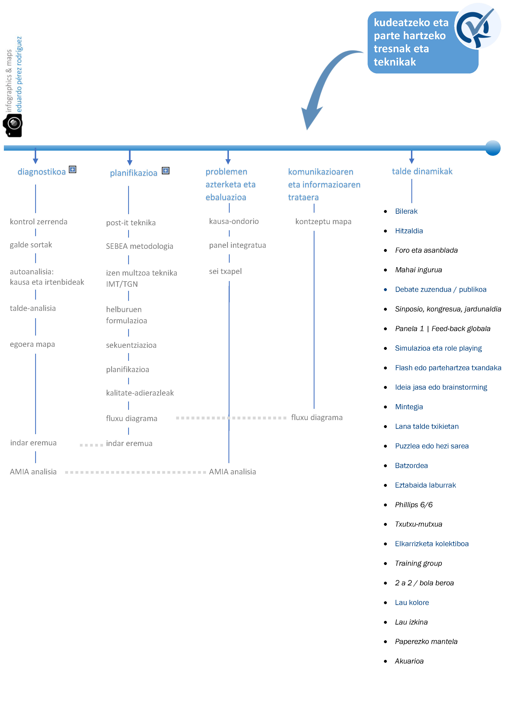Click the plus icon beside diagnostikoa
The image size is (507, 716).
(x=72, y=169)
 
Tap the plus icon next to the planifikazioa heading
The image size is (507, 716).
(x=166, y=171)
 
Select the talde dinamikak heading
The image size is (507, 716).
(x=422, y=171)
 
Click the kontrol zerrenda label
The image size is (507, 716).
(x=39, y=222)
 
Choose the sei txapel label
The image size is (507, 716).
(x=225, y=271)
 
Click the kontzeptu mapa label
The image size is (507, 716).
(x=323, y=221)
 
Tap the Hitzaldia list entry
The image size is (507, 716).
(x=409, y=231)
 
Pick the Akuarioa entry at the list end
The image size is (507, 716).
(x=409, y=661)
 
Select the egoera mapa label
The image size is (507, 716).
(x=32, y=344)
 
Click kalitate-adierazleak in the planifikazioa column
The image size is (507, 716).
(x=140, y=393)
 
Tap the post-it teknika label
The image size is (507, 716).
(x=131, y=223)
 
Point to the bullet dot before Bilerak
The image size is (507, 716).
(x=386, y=211)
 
